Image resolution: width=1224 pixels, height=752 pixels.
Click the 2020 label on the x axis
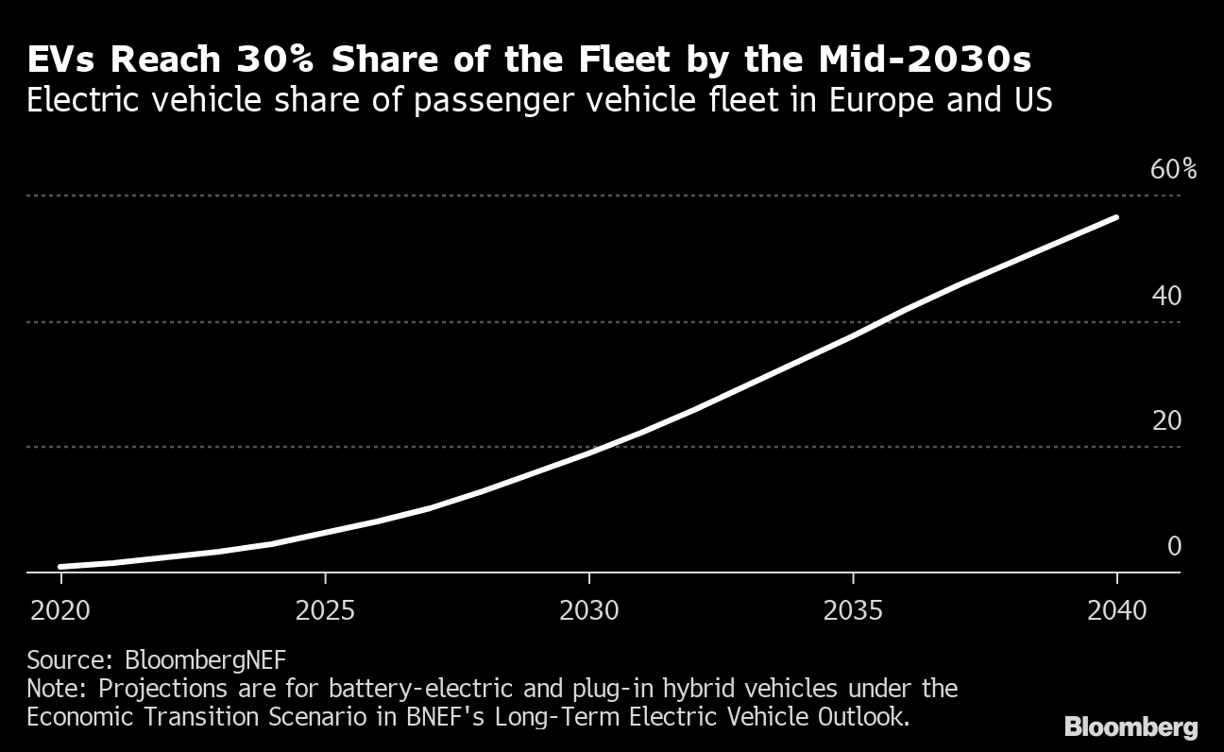point(60,610)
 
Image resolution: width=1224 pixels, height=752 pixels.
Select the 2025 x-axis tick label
point(325,610)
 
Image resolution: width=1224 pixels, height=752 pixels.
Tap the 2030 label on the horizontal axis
point(589,610)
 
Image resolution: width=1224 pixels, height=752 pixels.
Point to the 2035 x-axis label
point(853,610)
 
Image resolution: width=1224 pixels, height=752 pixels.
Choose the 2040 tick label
point(1117,610)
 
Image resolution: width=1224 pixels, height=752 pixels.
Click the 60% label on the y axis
point(1173,170)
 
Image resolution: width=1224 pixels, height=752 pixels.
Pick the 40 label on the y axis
point(1166,296)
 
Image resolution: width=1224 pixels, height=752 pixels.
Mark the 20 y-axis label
point(1166,420)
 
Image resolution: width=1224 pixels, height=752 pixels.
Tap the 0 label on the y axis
point(1174,546)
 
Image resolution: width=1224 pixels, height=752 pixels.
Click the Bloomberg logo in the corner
point(1131,727)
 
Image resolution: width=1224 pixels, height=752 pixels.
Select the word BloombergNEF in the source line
point(206,658)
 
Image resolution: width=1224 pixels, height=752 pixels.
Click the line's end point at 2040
point(1116,217)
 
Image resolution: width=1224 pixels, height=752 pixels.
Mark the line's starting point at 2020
point(60,567)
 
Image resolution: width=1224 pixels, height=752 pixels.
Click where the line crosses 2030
point(589,452)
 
